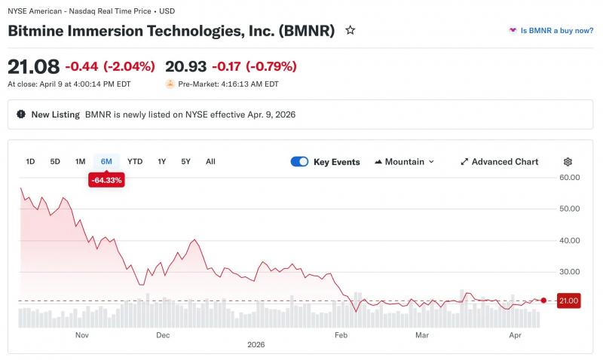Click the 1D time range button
point(30,162)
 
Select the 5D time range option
point(55,162)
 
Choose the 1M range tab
point(80,162)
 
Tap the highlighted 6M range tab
point(106,162)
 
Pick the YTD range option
point(135,162)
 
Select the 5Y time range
point(185,162)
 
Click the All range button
point(210,162)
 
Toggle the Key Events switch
point(299,162)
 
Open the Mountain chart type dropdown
point(405,162)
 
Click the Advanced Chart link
point(500,162)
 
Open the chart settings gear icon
point(568,162)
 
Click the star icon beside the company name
point(350,30)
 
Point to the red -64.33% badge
point(106,180)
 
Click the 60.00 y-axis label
point(570,178)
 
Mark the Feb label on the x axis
point(341,335)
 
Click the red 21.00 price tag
point(569,301)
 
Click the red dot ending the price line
point(543,301)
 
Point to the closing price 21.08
point(34,67)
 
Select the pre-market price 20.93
point(185,66)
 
